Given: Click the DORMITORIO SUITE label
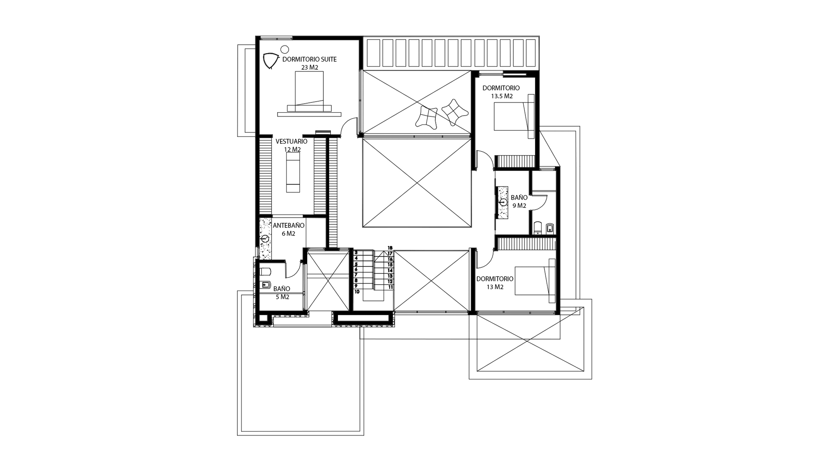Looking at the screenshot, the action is pyautogui.click(x=309, y=59).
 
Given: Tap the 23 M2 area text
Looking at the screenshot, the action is pyautogui.click(x=309, y=67).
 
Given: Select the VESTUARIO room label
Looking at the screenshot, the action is pyautogui.click(x=292, y=142).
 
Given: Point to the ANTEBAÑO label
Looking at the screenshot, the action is pyautogui.click(x=289, y=226).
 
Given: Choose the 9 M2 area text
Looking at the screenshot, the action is pyautogui.click(x=519, y=206).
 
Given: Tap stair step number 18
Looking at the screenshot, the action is pyautogui.click(x=390, y=248).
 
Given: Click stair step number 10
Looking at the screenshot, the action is pyautogui.click(x=357, y=292).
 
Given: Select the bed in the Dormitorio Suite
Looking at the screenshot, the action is pyautogui.click(x=309, y=92).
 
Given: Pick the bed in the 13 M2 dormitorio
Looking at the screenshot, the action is pyautogui.click(x=535, y=280).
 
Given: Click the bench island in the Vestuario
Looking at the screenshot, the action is pyautogui.click(x=292, y=173).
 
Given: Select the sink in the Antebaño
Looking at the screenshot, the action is pyautogui.click(x=265, y=239).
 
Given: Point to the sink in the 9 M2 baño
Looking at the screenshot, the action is pyautogui.click(x=503, y=202).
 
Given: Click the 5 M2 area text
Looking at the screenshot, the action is pyautogui.click(x=282, y=297).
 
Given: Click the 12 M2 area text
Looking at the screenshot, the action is pyautogui.click(x=292, y=150).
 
